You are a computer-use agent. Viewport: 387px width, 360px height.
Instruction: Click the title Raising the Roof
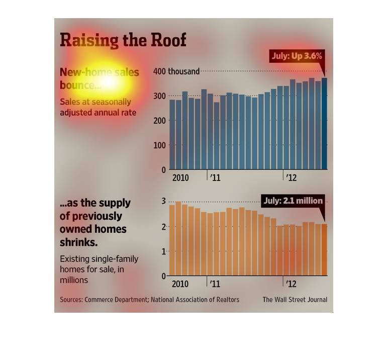click(x=123, y=40)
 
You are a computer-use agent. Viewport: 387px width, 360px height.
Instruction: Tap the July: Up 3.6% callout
click(x=297, y=56)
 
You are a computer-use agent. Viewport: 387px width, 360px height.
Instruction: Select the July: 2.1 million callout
click(x=293, y=201)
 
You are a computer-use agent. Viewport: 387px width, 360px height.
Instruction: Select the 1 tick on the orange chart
click(x=163, y=251)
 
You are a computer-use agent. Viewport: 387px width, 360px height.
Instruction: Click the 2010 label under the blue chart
click(x=180, y=178)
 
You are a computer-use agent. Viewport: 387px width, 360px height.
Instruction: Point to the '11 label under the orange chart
click(x=215, y=284)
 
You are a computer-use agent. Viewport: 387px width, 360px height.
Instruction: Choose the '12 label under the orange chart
click(x=291, y=284)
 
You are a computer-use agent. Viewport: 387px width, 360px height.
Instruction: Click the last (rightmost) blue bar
click(x=324, y=124)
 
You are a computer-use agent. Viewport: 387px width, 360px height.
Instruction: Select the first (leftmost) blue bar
click(x=172, y=135)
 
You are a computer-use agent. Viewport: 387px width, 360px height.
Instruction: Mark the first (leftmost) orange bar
click(x=172, y=240)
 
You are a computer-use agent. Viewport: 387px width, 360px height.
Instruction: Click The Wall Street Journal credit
click(x=295, y=300)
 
